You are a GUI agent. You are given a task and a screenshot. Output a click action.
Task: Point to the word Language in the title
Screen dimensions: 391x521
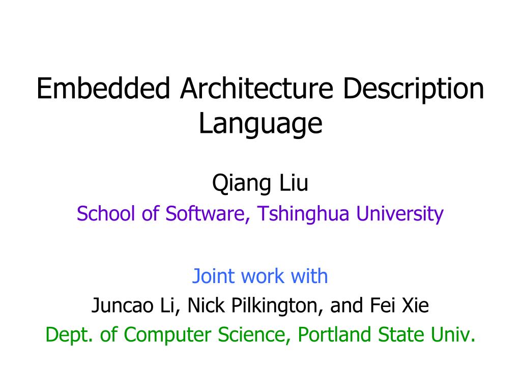coord(260,124)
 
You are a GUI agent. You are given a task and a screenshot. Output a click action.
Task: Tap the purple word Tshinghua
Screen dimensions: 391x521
coord(303,214)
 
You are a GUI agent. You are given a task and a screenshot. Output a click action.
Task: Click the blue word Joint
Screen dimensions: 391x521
coord(213,276)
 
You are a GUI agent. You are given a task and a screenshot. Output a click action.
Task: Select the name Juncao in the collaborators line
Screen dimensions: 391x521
coord(123,306)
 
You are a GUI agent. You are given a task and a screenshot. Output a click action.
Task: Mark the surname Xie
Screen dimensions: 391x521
coord(415,306)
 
